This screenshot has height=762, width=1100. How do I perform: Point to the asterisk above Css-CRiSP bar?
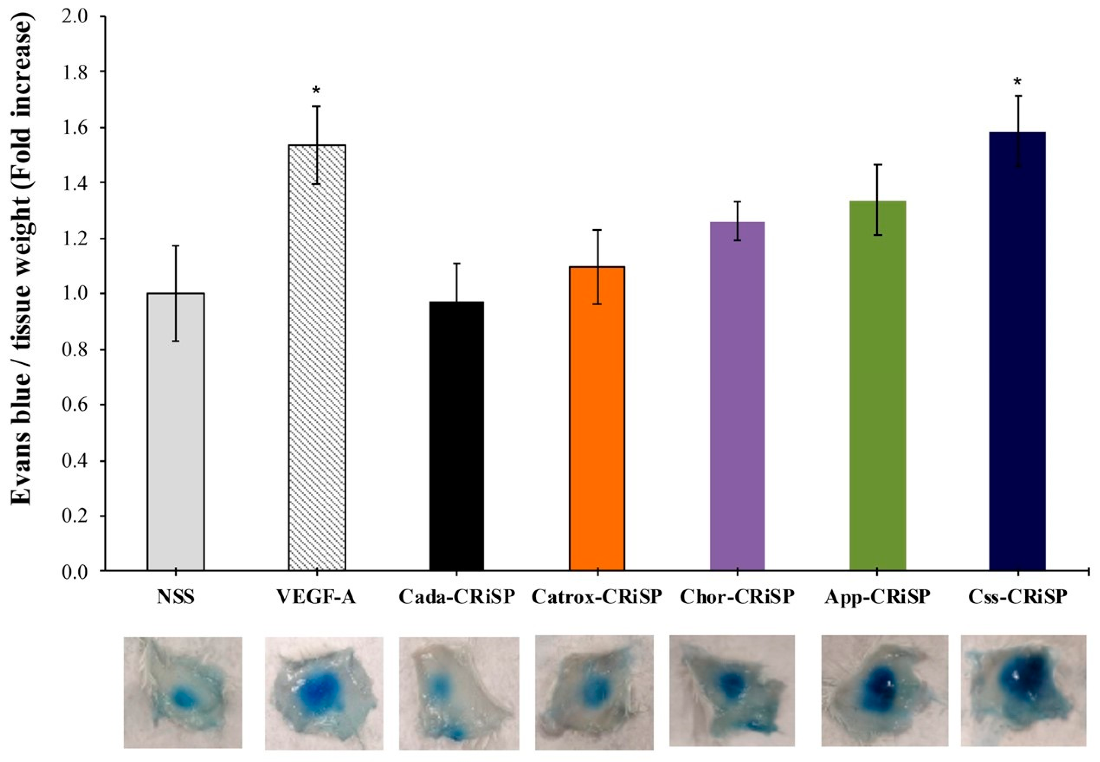click(x=1017, y=82)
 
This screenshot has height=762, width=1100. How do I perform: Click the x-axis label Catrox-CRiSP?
click(x=597, y=597)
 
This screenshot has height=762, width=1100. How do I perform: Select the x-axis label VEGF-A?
click(x=317, y=597)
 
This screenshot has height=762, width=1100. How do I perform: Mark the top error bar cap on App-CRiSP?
click(x=877, y=165)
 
